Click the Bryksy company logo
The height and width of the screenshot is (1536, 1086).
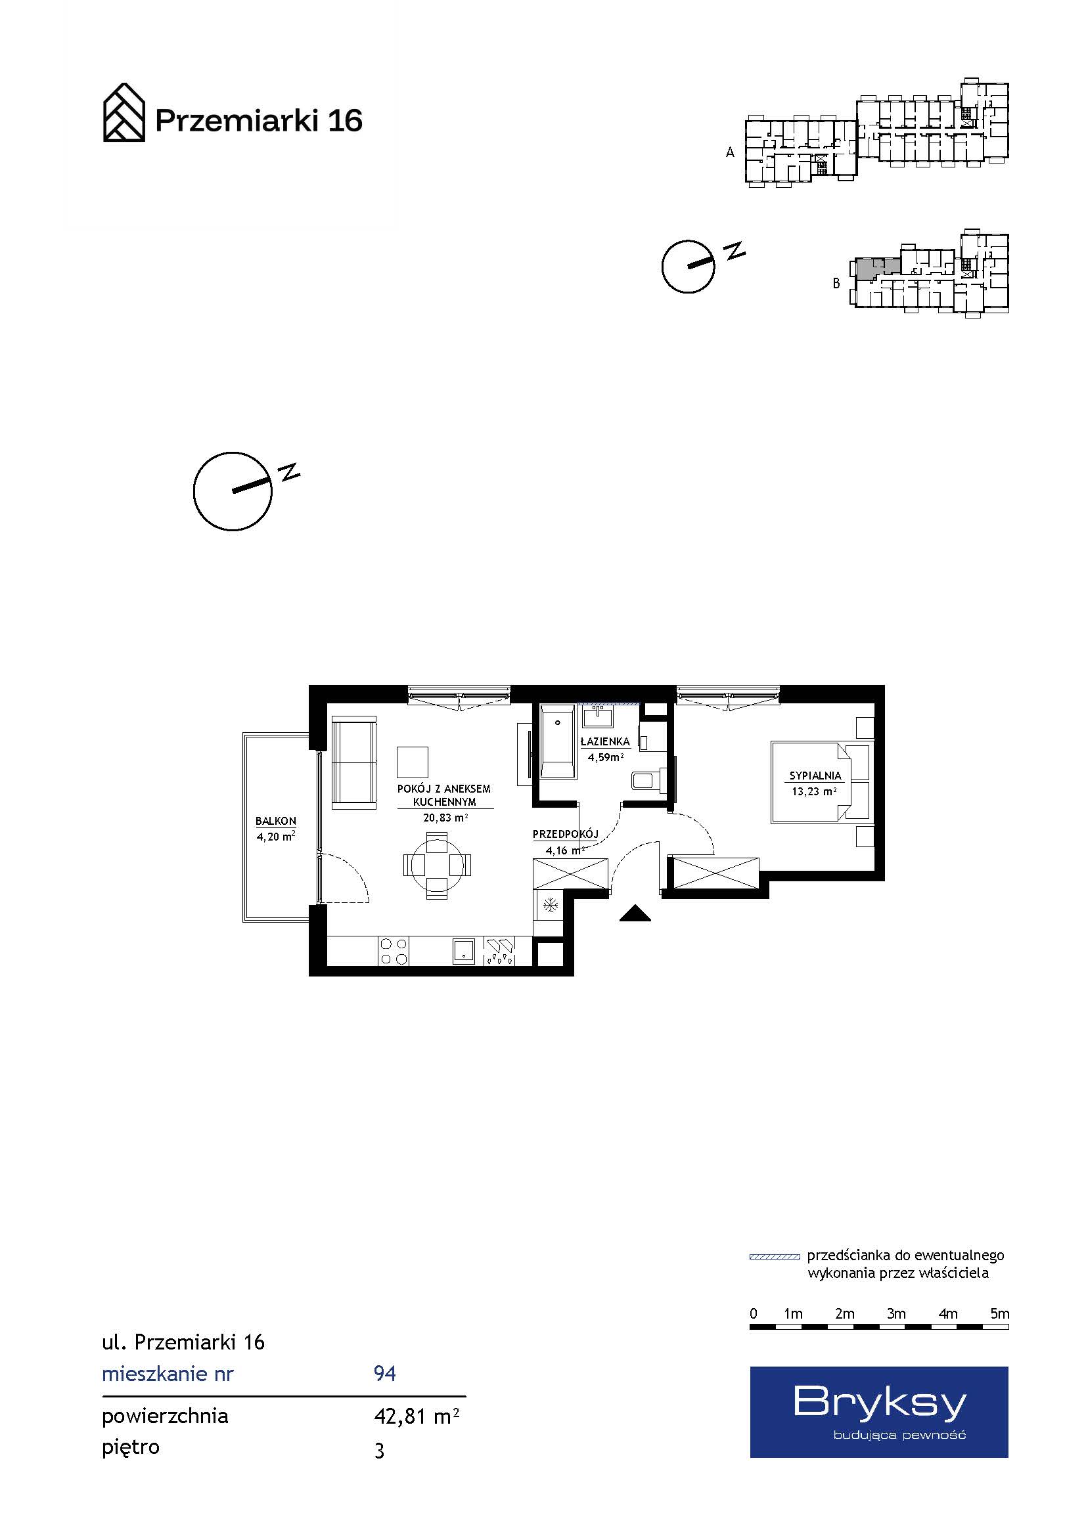878,1412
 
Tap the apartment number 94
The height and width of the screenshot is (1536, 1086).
385,1374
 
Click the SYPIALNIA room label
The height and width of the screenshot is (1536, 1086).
815,776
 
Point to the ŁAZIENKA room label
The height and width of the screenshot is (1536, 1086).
605,741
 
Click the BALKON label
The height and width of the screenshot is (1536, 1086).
276,821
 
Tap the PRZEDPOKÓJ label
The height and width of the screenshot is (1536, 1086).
566,834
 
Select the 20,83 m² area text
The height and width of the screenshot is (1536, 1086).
445,818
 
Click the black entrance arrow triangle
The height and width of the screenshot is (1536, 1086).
635,913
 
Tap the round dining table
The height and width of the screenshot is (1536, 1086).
437,865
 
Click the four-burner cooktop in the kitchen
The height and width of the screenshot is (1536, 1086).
394,952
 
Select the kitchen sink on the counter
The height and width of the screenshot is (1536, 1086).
464,951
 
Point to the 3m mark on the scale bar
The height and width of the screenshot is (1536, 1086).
897,1313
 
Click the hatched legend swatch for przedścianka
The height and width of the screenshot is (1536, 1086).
775,1257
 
